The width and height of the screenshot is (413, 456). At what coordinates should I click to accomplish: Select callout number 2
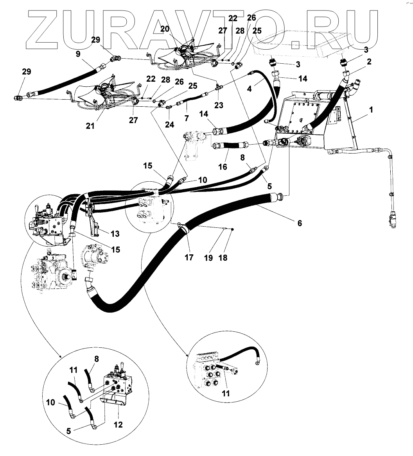(369, 61)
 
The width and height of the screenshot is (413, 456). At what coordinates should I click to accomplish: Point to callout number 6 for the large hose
(300, 223)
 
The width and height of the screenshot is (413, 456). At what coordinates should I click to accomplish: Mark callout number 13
(115, 234)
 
